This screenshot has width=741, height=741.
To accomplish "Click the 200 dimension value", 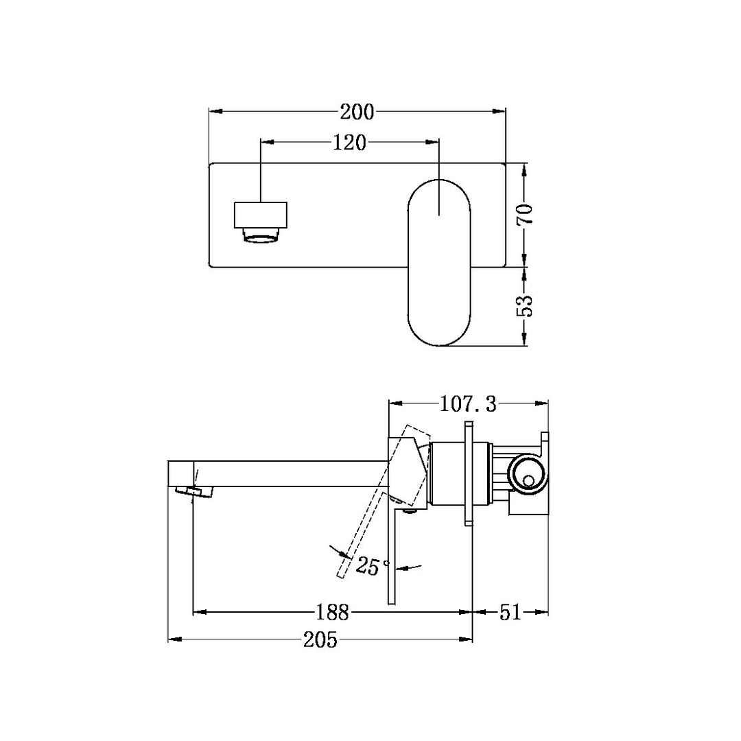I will click(x=357, y=111).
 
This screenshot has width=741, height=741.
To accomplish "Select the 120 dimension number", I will click(x=350, y=143).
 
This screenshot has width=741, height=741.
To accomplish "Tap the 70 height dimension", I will click(x=524, y=215).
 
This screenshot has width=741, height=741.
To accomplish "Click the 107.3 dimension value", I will click(x=468, y=404).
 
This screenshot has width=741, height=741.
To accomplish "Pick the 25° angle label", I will click(x=371, y=567).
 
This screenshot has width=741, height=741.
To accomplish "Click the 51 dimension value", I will click(x=510, y=612).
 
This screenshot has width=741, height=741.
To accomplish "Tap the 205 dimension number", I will click(x=320, y=640).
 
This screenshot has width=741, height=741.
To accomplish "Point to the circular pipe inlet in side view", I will click(x=528, y=473).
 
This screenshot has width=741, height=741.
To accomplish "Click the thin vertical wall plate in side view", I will click(x=469, y=473).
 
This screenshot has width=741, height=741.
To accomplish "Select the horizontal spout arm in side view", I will click(x=288, y=473).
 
